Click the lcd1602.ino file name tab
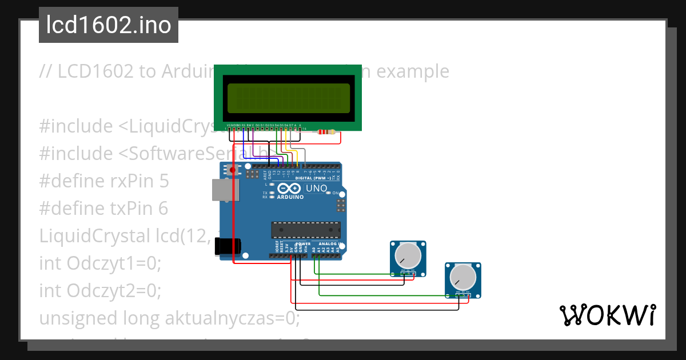point(109,25)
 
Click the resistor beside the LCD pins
point(326,133)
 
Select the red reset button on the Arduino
point(233,170)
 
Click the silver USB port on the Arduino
point(222,190)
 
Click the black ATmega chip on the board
point(305,230)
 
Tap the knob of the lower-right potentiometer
point(463,277)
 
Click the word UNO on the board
point(317,189)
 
